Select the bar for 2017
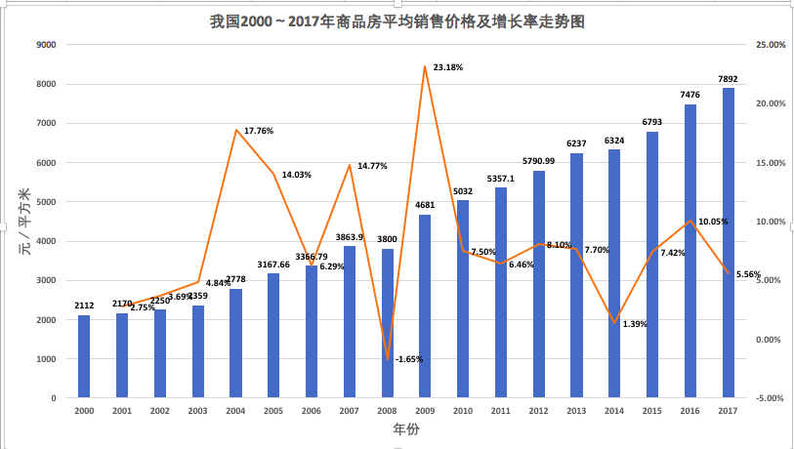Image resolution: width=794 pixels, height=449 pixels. click(729, 244)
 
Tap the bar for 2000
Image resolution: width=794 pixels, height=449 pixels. click(84, 356)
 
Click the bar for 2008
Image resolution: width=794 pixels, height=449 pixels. click(388, 323)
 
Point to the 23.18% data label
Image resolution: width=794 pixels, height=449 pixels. click(447, 67)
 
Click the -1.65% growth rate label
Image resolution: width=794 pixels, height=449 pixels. click(409, 359)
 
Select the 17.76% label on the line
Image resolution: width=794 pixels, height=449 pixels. click(258, 130)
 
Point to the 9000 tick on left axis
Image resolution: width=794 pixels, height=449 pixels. click(46, 45)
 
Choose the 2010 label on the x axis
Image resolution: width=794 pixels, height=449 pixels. click(463, 412)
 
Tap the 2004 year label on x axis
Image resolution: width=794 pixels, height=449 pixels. click(235, 412)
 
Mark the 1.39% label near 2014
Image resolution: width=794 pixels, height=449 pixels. click(635, 323)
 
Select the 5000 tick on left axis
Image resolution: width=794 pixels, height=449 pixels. click(46, 202)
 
